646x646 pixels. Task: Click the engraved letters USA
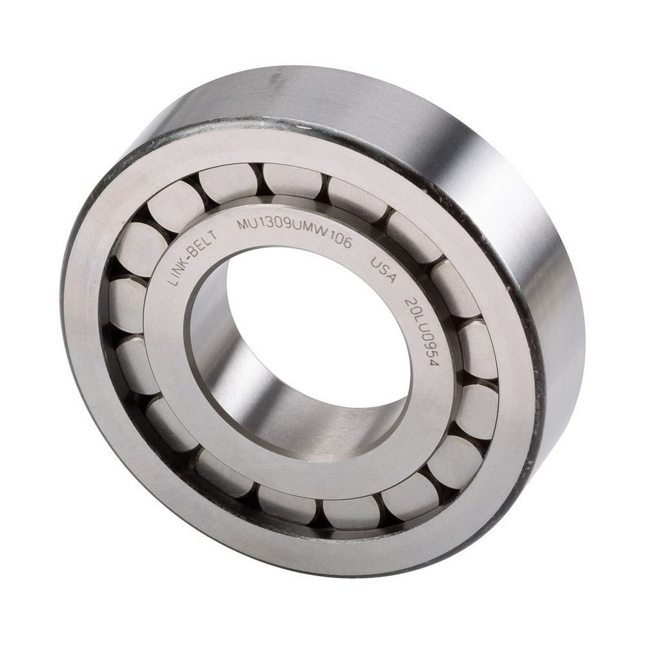pos(383,271)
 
